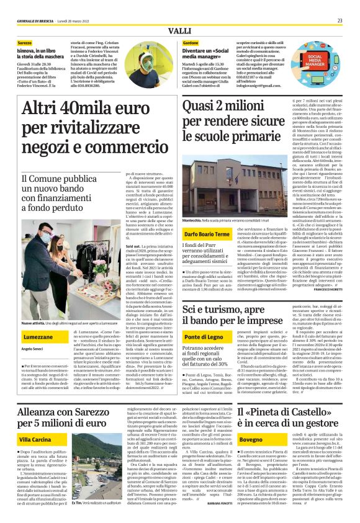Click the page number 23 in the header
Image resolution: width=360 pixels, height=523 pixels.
click(x=340, y=4)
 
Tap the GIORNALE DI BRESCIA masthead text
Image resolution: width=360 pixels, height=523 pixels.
click(x=34, y=4)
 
